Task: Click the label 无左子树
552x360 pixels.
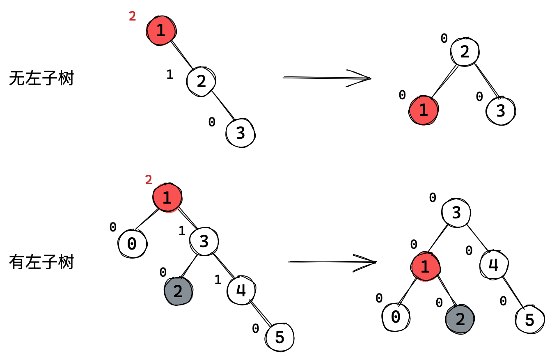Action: click(x=41, y=78)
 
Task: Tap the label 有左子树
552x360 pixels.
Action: click(x=41, y=262)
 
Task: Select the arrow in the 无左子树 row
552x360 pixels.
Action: click(x=327, y=78)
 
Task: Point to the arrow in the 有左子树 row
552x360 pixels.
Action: click(x=332, y=262)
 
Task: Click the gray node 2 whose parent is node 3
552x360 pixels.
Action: click(x=178, y=291)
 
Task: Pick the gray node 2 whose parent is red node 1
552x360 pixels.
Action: click(x=460, y=319)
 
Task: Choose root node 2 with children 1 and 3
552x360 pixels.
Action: click(x=465, y=52)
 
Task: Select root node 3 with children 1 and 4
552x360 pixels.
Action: click(x=456, y=213)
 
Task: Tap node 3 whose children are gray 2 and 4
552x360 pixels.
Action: click(x=204, y=241)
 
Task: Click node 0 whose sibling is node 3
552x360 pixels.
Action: click(x=132, y=244)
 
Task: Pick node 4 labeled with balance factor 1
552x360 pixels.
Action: click(x=241, y=290)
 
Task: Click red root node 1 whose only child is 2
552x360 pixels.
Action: click(x=161, y=31)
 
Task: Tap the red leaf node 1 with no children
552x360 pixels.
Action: click(x=424, y=110)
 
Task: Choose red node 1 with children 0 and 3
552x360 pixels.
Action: click(x=167, y=198)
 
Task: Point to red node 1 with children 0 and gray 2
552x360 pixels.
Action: click(x=425, y=267)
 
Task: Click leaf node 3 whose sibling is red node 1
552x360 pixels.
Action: click(x=501, y=111)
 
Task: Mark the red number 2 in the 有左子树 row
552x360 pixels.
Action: click(x=149, y=180)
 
